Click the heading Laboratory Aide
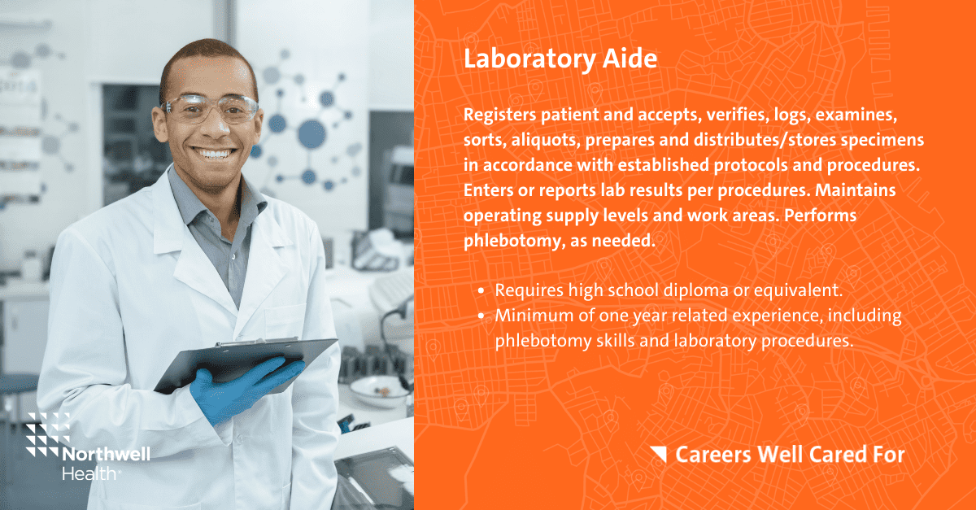[560, 59]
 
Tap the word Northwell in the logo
[107, 454]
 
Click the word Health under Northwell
[89, 473]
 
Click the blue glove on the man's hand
[244, 388]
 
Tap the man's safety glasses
[209, 109]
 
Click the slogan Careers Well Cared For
[790, 455]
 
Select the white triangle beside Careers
[660, 453]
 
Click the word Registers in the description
[499, 116]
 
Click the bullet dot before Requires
[481, 290]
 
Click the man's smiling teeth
[213, 154]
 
